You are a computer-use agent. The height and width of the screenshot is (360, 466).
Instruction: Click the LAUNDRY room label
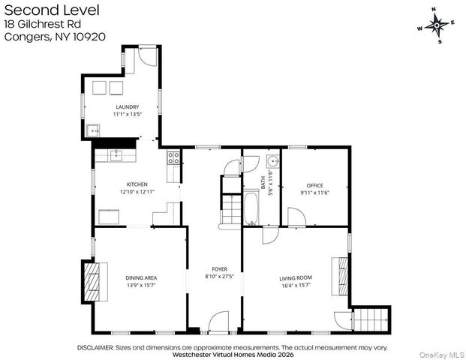tap(127, 107)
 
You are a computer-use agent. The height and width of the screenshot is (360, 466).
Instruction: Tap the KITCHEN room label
tap(137, 184)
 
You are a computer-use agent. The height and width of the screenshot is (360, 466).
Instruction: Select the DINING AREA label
tap(140, 277)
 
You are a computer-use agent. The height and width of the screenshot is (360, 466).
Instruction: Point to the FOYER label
tap(219, 268)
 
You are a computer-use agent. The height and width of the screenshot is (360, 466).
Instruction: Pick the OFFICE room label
tap(314, 185)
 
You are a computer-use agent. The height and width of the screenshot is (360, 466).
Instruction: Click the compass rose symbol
tap(436, 25)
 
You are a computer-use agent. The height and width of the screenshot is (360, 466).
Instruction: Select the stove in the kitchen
tap(173, 157)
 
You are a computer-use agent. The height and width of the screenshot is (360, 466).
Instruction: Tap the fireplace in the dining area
tap(92, 280)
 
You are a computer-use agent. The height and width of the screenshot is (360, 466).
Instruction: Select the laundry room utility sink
tap(94, 129)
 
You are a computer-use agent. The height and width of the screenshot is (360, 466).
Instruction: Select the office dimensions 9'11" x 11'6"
tap(314, 193)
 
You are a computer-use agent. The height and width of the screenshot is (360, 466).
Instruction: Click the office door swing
tap(297, 217)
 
